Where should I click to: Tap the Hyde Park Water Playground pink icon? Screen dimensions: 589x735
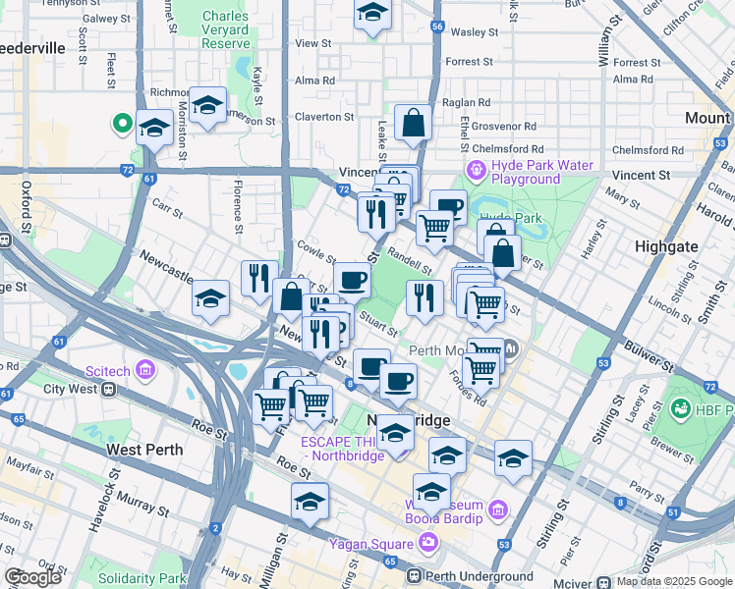(x=477, y=172)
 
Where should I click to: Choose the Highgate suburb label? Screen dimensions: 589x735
(x=667, y=246)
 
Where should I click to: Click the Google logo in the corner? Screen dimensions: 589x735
(x=33, y=578)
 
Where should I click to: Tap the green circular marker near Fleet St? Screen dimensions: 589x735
(x=123, y=124)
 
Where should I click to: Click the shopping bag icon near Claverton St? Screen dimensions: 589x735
(x=414, y=124)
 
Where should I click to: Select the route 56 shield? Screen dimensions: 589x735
(x=437, y=27)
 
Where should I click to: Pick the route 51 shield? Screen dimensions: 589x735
(x=672, y=512)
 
